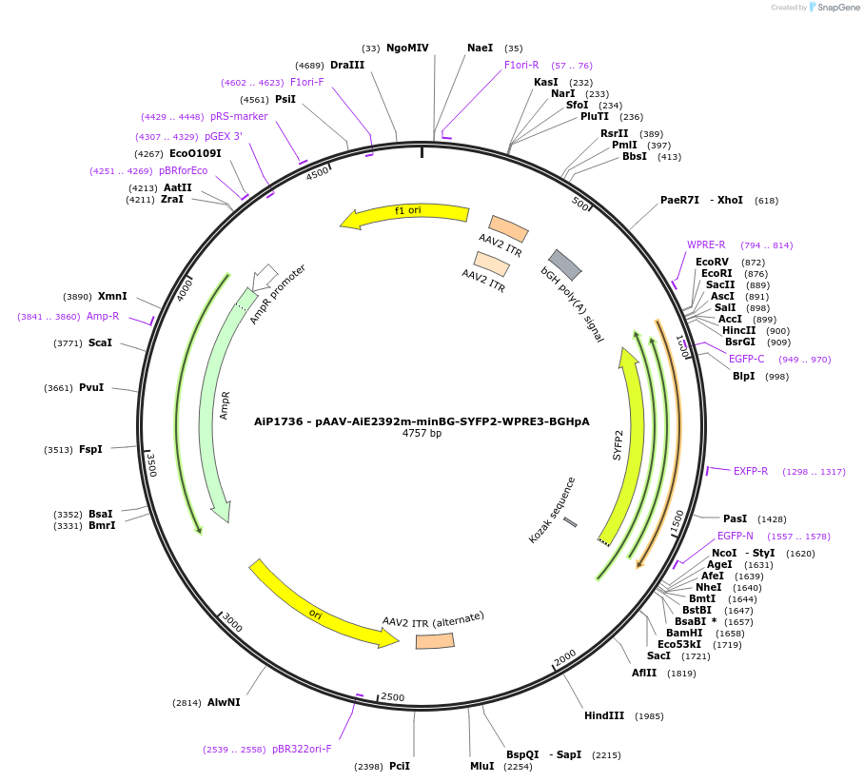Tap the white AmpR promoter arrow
pos(265,277)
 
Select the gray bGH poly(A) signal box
pos(565,264)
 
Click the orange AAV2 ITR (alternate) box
pos(434,641)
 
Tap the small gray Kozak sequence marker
pos(570,521)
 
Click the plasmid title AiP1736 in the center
pos(422,420)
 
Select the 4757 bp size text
pos(422,434)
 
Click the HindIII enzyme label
pos(604,715)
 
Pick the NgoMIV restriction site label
pos(407,48)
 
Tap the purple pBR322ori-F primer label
pos(302,749)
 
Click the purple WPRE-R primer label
pos(706,244)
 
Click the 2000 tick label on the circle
pos(565,657)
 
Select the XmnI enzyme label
pos(112,296)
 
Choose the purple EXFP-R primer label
pos(750,471)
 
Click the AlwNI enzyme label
pos(224,702)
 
